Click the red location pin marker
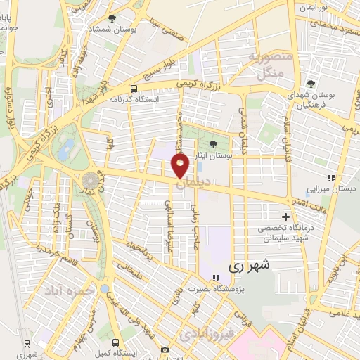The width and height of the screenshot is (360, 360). click(180, 166)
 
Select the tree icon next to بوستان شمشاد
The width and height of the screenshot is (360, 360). click(112, 18)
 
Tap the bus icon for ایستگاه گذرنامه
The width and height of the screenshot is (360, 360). click(134, 89)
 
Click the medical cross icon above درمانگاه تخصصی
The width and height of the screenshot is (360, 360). click(285, 216)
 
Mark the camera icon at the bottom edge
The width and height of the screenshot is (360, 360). click(165, 349)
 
